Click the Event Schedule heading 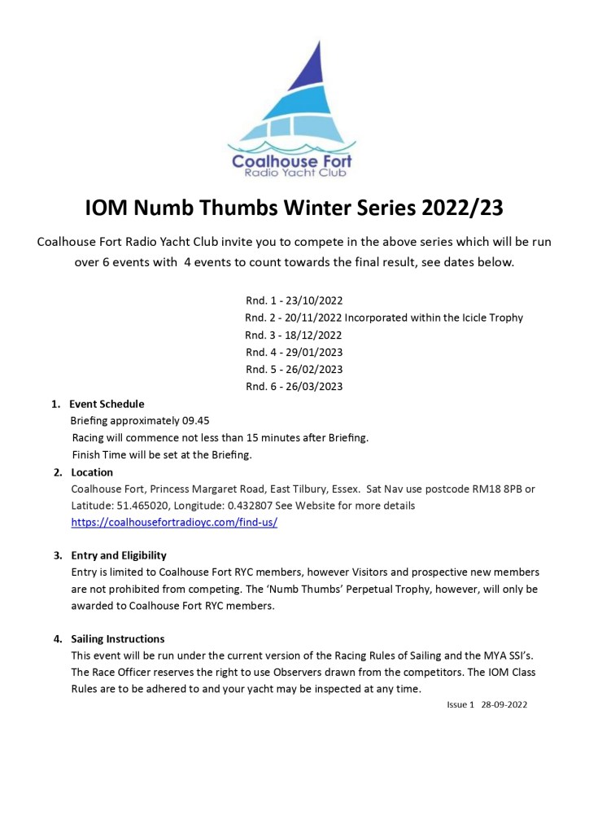tap(107, 404)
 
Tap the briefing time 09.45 tap(197, 421)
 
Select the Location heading tap(92, 472)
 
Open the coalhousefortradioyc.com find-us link tap(174, 522)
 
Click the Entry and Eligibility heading tap(119, 555)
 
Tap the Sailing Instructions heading tap(118, 638)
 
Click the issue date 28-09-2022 tap(504, 704)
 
